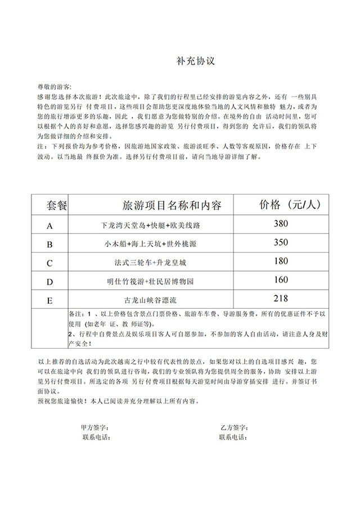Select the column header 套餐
tap(57, 206)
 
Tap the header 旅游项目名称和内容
tap(172, 205)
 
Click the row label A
tap(49, 226)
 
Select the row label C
tap(49, 263)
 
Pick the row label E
tap(49, 300)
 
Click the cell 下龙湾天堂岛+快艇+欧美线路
tap(151, 226)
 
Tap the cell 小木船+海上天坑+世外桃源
tap(151, 244)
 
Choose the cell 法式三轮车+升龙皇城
tap(151, 263)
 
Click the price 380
tap(281, 224)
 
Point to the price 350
tap(281, 242)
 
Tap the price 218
tap(281, 298)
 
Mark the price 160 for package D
tap(281, 280)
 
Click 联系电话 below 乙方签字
tap(233, 437)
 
